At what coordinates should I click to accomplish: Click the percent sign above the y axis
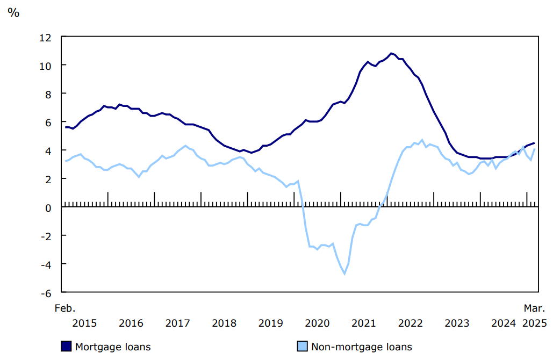(13, 13)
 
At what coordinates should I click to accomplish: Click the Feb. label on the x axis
(65, 308)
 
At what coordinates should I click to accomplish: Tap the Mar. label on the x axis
(535, 308)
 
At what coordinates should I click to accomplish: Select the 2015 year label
(84, 323)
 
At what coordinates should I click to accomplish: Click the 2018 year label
(224, 323)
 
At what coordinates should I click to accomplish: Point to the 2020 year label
(317, 323)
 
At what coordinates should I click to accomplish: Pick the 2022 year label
(410, 323)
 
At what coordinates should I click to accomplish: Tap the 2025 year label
(535, 323)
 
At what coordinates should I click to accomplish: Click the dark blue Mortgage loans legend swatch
(66, 347)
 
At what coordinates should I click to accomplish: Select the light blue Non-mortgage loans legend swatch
(302, 347)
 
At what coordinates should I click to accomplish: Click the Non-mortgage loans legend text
(361, 347)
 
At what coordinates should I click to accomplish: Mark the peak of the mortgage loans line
(391, 53)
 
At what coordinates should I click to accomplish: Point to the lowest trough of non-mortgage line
(344, 273)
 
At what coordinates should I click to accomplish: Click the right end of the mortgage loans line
(534, 143)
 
